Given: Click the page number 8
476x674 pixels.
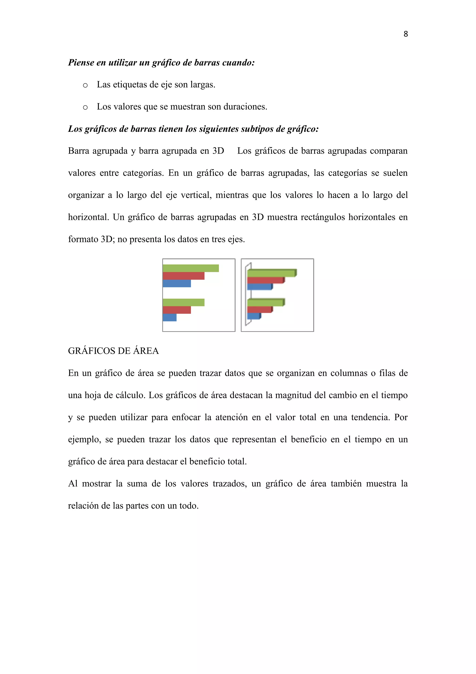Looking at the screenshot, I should [x=406, y=34].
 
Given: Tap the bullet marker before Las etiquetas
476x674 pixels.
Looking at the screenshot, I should [x=85, y=85].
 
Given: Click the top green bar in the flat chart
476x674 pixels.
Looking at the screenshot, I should [x=191, y=268].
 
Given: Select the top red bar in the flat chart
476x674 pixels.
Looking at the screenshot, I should [x=183, y=276].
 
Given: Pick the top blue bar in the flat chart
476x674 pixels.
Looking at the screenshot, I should [x=177, y=283].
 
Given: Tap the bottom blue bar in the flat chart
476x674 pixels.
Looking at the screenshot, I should [x=170, y=317].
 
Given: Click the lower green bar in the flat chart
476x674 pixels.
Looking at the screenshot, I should [x=183, y=302].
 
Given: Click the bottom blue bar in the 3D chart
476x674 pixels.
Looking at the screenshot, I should [x=253, y=316].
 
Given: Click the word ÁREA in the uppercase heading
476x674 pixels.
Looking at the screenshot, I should [x=146, y=351].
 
